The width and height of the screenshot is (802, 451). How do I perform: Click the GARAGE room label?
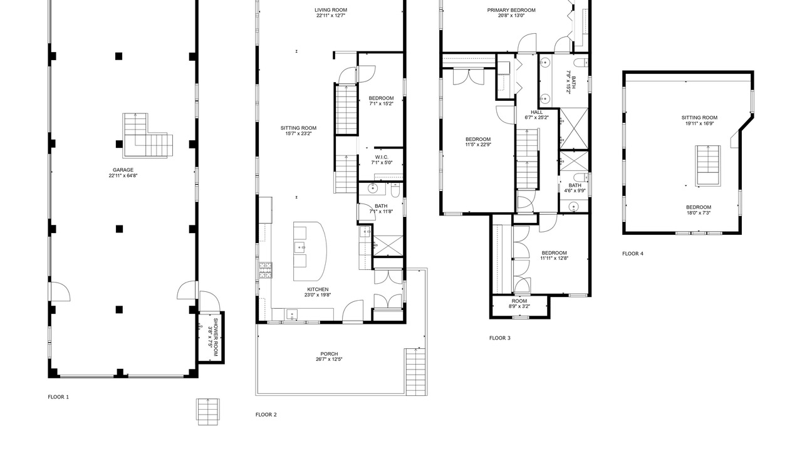point(123,170)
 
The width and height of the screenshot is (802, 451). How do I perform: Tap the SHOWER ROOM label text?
point(216,337)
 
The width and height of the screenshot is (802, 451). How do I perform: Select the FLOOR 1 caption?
point(58,397)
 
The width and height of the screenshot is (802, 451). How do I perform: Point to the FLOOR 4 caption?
point(633,254)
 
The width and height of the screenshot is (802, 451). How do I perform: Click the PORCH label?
point(329,354)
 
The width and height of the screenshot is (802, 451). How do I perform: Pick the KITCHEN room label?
point(318,289)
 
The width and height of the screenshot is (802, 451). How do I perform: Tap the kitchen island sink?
point(299,247)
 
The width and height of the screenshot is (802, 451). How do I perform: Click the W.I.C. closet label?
point(382,157)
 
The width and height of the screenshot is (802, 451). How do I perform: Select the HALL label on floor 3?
point(537,112)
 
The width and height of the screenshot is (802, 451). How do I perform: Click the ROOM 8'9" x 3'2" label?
point(519,301)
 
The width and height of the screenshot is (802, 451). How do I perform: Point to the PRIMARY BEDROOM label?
point(511,10)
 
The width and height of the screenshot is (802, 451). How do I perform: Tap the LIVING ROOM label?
point(331,10)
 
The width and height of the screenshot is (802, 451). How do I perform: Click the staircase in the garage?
point(147,136)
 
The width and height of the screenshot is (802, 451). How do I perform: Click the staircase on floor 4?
point(708,166)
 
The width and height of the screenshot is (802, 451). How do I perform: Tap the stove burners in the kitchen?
point(265,270)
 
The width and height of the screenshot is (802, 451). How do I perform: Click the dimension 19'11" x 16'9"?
point(699,123)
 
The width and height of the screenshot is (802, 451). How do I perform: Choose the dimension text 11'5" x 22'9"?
point(478,145)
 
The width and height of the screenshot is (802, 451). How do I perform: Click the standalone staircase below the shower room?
point(208,412)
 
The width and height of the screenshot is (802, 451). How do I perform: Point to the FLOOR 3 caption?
point(500,338)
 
